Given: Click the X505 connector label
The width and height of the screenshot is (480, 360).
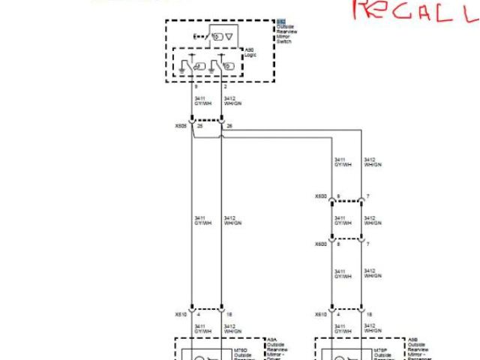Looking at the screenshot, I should [181, 126].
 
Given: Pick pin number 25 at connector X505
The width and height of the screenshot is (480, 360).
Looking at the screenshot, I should [199, 126].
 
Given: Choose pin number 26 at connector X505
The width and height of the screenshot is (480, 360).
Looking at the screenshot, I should [229, 126].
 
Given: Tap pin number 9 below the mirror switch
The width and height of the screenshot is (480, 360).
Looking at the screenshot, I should [196, 88].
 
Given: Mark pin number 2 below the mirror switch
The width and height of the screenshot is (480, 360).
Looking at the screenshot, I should [225, 88].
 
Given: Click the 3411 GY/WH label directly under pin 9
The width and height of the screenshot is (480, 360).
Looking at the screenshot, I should [200, 100].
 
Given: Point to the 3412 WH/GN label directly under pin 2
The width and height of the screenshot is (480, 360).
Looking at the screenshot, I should [231, 100].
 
